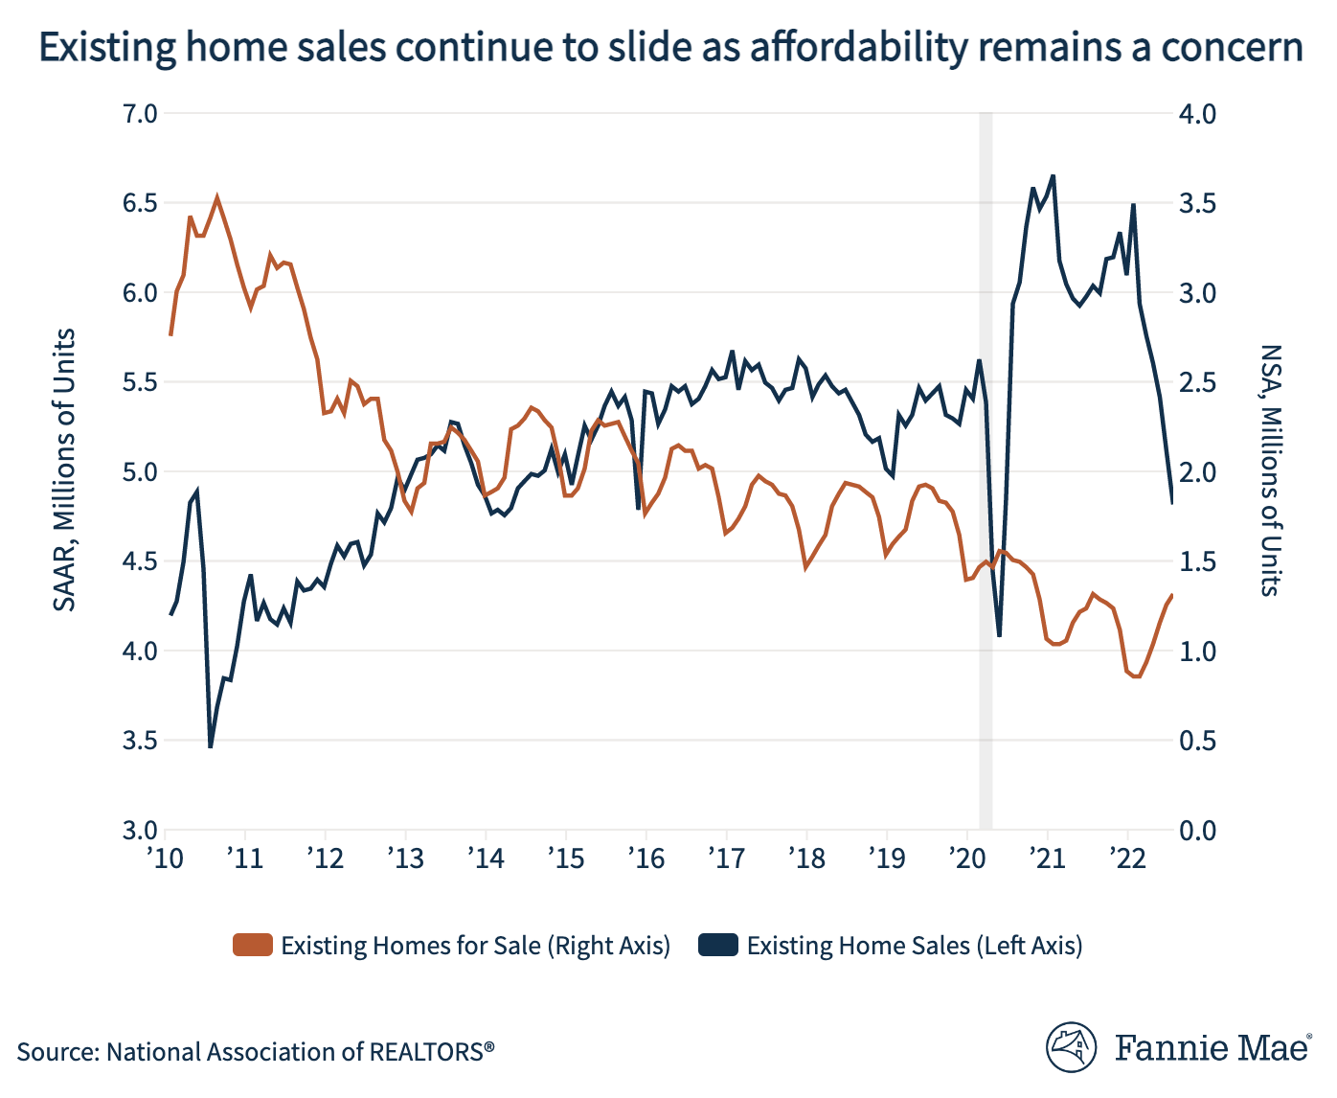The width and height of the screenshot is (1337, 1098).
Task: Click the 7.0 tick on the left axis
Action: pos(140,114)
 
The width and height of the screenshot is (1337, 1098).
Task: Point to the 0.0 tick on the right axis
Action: pos(1196,831)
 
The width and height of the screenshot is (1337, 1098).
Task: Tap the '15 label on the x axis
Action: pos(566,858)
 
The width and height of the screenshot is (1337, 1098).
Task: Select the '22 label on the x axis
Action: pos(1127,858)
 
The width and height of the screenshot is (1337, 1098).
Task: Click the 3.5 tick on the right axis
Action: pos(1196,203)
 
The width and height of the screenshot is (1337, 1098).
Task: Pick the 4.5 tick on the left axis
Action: pos(140,561)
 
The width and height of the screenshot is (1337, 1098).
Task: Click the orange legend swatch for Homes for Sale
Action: pos(253,946)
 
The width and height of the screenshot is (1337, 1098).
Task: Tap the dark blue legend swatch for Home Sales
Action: pos(718,946)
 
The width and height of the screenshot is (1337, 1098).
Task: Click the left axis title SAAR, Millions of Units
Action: pos(64,470)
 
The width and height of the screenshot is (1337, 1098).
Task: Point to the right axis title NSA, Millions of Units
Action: pos(1270,470)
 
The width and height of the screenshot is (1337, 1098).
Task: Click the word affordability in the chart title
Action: pos(858,47)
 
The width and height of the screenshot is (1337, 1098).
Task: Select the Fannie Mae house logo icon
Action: pos(1071,1047)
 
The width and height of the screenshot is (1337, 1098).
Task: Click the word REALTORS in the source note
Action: pos(426,1052)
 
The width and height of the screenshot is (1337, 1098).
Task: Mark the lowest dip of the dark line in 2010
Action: pos(210,745)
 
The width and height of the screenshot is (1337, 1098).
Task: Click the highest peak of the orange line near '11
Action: pos(217,198)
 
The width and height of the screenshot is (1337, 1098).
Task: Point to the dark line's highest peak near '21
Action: pos(1054,176)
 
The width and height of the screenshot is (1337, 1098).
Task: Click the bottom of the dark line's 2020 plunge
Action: pos(999,635)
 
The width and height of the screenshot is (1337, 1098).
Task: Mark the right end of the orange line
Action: pos(1171,595)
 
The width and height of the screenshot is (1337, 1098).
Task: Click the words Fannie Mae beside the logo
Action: pos(1212,1047)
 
